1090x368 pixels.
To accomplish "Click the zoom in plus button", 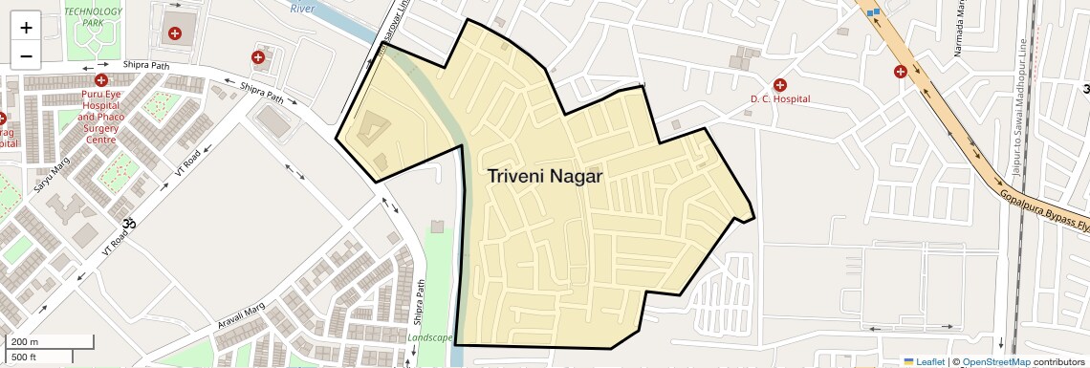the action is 26,27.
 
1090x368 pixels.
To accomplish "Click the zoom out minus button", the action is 26,55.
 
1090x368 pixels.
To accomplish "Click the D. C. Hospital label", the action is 779,98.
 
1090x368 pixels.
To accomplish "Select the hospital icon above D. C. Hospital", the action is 780,85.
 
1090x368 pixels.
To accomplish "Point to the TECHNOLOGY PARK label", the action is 94,15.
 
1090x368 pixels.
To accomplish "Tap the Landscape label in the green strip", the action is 429,337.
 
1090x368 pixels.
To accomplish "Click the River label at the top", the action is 302,9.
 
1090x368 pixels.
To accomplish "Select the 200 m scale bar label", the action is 25,342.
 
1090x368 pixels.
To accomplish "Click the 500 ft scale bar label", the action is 25,357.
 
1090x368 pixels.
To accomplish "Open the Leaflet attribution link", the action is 925,362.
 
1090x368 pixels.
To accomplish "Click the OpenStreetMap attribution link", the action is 995,362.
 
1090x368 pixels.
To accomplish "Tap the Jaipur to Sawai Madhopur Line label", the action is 1019,115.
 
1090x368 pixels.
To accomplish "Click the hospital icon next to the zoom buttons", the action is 175,33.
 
